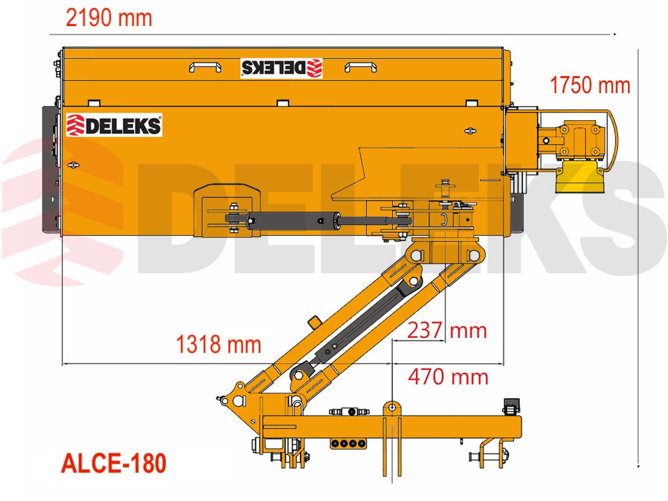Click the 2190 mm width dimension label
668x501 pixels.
click(x=109, y=18)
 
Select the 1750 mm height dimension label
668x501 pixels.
click(x=590, y=85)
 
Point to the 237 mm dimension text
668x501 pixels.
click(x=447, y=330)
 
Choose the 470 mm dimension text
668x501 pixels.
click(x=448, y=377)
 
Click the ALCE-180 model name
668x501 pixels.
click(x=114, y=463)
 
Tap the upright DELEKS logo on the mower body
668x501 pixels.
click(x=114, y=125)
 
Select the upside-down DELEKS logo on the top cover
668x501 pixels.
click(x=281, y=68)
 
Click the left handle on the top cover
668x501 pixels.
click(x=205, y=67)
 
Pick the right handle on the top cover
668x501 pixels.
click(x=361, y=67)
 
